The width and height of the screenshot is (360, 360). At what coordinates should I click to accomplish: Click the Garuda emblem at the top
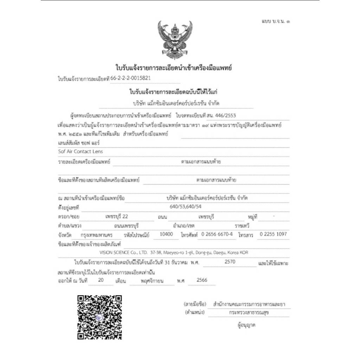pyautogui.click(x=175, y=40)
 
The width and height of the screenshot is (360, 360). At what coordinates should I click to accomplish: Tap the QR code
pyautogui.click(x=100, y=317)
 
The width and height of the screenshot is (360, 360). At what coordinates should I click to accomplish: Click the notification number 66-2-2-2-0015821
pyautogui.click(x=132, y=79)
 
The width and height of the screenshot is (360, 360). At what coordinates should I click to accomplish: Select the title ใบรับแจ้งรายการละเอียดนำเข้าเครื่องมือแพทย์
pyautogui.click(x=174, y=67)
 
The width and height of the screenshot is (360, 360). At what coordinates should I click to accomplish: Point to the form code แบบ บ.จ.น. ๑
pyautogui.click(x=276, y=21)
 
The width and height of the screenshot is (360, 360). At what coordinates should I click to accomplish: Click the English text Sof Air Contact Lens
pyautogui.click(x=80, y=152)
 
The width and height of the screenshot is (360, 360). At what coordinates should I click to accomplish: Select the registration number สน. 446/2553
pyautogui.click(x=224, y=115)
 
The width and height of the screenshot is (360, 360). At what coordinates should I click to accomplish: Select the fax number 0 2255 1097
pyautogui.click(x=273, y=234)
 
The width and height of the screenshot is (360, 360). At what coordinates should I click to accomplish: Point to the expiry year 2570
pyautogui.click(x=229, y=262)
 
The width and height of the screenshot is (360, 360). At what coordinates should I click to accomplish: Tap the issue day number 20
pyautogui.click(x=101, y=280)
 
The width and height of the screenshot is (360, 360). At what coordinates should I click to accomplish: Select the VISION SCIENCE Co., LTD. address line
pyautogui.click(x=174, y=252)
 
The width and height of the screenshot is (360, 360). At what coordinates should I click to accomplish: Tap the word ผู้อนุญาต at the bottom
pyautogui.click(x=246, y=325)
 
